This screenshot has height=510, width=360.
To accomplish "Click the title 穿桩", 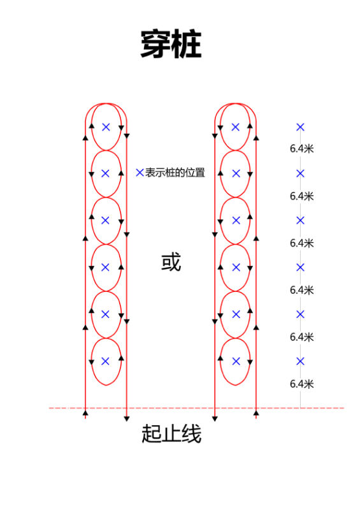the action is [171, 44].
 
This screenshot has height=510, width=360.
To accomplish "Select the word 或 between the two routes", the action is [171, 262].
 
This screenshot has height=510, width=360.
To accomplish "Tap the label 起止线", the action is [171, 433].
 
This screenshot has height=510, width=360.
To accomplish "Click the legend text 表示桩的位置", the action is [175, 172].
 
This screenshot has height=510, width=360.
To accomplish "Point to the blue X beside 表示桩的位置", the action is [140, 172].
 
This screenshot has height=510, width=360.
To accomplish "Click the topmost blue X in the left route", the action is [106, 127].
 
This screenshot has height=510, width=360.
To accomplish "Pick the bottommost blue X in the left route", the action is [105, 361].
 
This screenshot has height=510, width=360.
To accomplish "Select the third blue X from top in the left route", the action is [105, 221].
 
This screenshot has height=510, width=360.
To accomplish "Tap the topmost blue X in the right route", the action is [236, 127].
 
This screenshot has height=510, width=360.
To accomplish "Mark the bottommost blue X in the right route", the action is [236, 361].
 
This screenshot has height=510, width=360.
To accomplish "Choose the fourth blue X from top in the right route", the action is [236, 267].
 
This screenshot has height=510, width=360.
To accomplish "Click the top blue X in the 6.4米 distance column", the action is [300, 127].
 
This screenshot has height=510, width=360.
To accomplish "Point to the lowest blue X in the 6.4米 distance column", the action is [300, 361].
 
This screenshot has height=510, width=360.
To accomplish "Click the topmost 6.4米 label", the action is [302, 149].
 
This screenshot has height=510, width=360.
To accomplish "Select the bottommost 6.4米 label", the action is [302, 384].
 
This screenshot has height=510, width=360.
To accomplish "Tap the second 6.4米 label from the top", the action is [302, 196].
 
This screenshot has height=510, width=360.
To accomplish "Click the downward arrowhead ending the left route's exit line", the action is [127, 419].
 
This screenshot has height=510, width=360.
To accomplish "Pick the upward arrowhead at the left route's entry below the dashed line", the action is [85, 413].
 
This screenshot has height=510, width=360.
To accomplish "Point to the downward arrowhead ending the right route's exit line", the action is [215, 419].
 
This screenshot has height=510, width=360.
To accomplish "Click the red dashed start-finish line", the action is [196, 408].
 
